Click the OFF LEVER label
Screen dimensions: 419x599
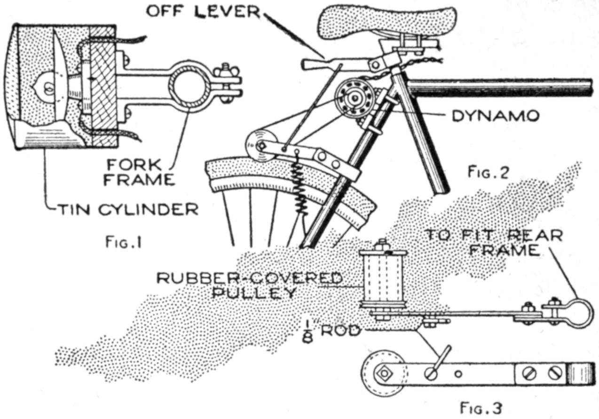click(x=203, y=11)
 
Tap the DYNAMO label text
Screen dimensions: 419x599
click(x=495, y=116)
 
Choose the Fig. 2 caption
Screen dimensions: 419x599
click(x=488, y=173)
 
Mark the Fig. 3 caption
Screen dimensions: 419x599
click(x=481, y=407)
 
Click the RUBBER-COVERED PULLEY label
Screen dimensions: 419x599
click(x=249, y=285)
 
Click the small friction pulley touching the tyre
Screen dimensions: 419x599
click(x=258, y=146)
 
